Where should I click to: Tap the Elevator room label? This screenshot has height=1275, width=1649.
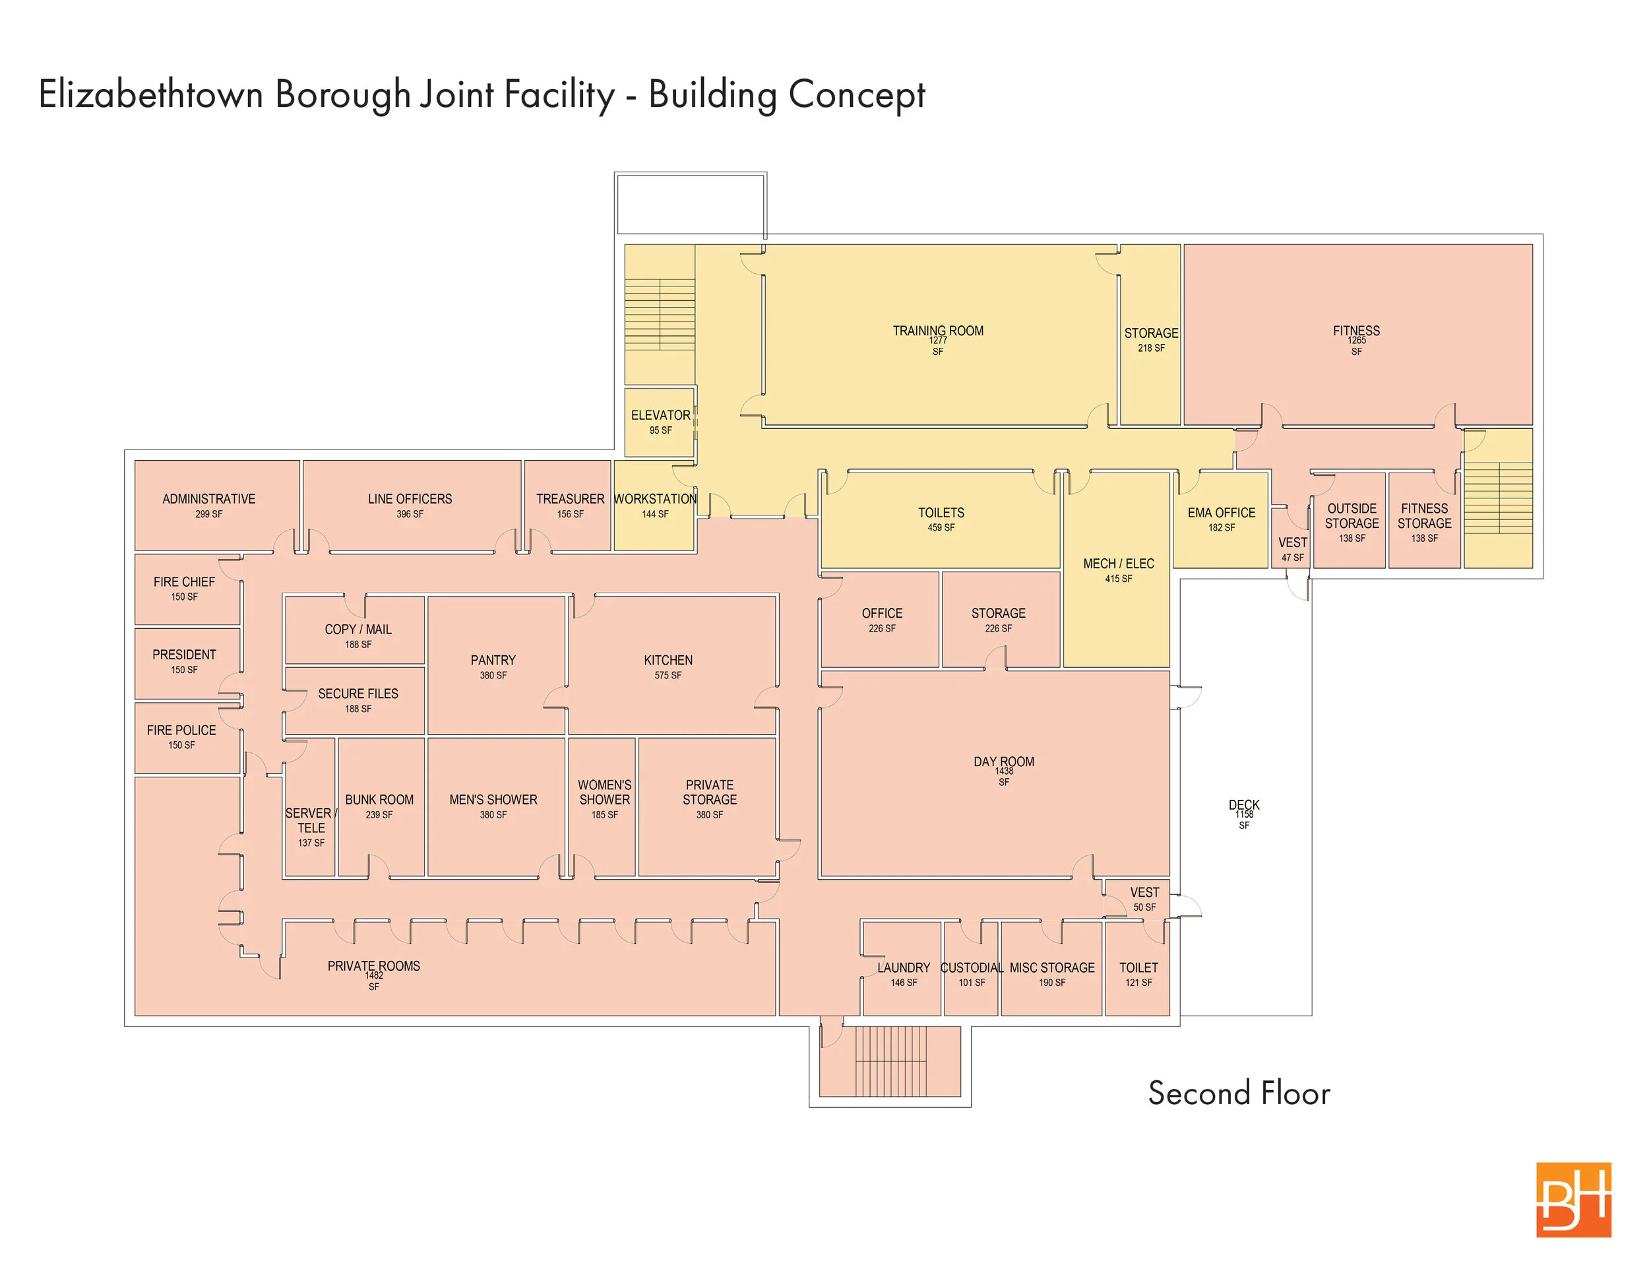click(x=661, y=416)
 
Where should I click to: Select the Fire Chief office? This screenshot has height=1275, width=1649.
click(x=187, y=590)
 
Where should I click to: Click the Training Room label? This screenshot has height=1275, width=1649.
click(x=938, y=331)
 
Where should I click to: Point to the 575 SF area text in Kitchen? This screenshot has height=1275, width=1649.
click(x=668, y=675)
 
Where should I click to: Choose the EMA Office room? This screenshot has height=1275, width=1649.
click(x=1220, y=519)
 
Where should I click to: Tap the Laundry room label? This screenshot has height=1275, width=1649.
click(x=904, y=967)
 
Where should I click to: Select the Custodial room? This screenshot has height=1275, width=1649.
click(x=971, y=968)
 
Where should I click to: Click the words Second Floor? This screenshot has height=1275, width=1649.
click(x=1239, y=1093)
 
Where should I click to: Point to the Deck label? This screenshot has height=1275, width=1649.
click(x=1244, y=805)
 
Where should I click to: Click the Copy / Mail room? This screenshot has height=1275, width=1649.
click(x=355, y=631)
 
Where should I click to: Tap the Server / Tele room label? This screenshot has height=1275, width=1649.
click(x=310, y=820)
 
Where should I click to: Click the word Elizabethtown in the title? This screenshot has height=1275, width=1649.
click(x=150, y=95)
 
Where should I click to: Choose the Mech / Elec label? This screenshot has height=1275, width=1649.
click(x=1118, y=564)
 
